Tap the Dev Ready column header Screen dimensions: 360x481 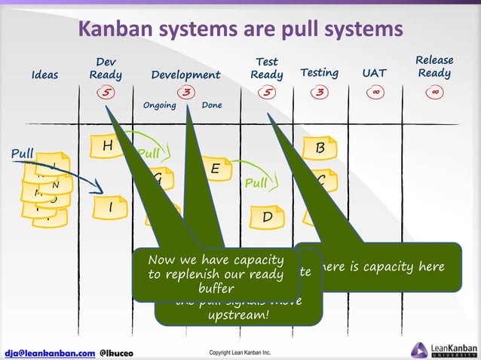coord(106,68)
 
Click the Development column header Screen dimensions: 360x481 coord(185,75)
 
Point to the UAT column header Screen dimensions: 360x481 coord(374,73)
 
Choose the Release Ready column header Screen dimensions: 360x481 coord(434,66)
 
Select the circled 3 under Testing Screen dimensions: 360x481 coord(320,93)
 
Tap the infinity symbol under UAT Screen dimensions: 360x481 coord(375,93)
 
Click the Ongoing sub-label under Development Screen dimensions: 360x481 coord(159,105)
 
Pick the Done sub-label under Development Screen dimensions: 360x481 coord(212,105)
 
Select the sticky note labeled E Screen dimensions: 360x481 coord(215,169)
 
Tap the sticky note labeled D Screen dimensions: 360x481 coord(268,217)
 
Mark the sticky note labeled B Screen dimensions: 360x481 coord(320,148)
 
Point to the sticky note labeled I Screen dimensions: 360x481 coord(110,206)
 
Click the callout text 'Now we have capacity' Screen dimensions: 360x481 coord(216,261)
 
